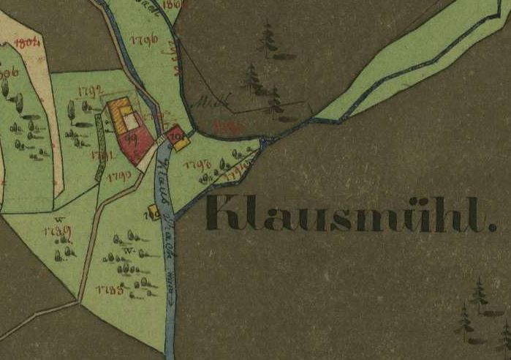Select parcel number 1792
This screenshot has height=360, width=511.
click(88, 91)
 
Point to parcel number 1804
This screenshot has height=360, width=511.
click(26, 42)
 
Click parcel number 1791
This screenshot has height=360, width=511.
click(101, 154)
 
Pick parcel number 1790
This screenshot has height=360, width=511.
click(118, 176)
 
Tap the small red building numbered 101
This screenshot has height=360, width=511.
click(174, 135)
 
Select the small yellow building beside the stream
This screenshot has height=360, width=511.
click(154, 213)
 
